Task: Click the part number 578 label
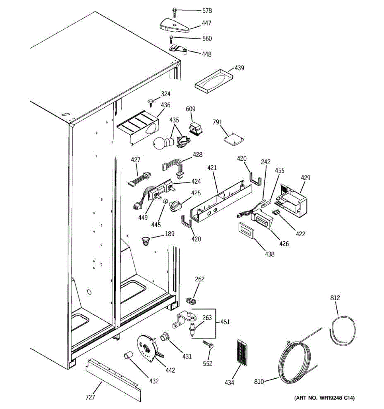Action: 207,11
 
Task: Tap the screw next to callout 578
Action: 174,11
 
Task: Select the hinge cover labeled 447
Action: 174,25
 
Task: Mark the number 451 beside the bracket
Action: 225,322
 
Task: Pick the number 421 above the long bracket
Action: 212,168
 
